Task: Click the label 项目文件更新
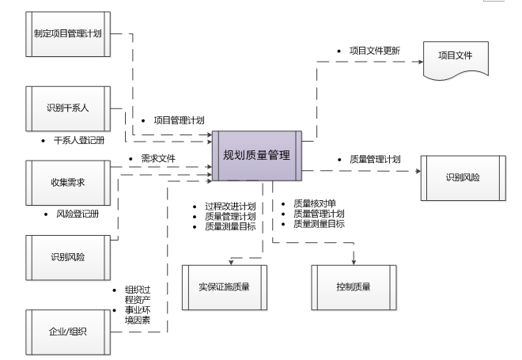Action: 374,51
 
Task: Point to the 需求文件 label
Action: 157,158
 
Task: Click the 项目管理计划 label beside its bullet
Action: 179,120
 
